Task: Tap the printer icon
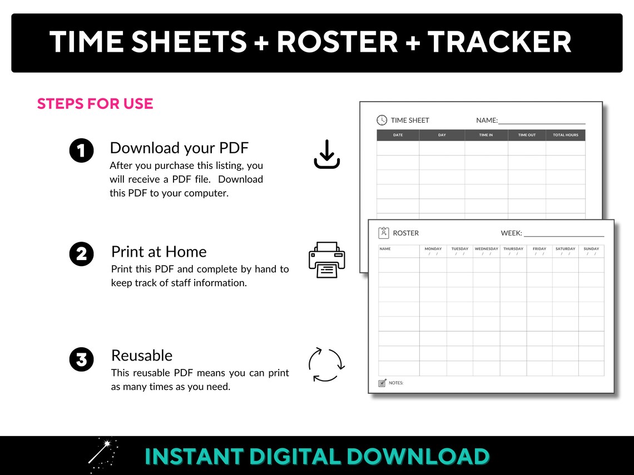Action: [x=326, y=259]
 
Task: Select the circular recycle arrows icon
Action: [x=326, y=365]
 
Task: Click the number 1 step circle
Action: [x=81, y=151]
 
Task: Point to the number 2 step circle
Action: [x=81, y=254]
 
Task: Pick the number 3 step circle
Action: [x=81, y=359]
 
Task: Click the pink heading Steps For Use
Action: [x=95, y=104]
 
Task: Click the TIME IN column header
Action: [x=486, y=135]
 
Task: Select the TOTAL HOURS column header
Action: [x=565, y=135]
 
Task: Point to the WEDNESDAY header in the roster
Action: [x=486, y=249]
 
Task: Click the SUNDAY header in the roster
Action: [x=591, y=249]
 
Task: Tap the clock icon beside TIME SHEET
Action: [x=382, y=120]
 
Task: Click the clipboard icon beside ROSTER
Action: [x=384, y=233]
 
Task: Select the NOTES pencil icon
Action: [x=382, y=383]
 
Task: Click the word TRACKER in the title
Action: [x=499, y=42]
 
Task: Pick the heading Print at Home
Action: [x=159, y=252]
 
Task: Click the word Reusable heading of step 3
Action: [x=142, y=356]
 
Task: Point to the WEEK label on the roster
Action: [x=511, y=233]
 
